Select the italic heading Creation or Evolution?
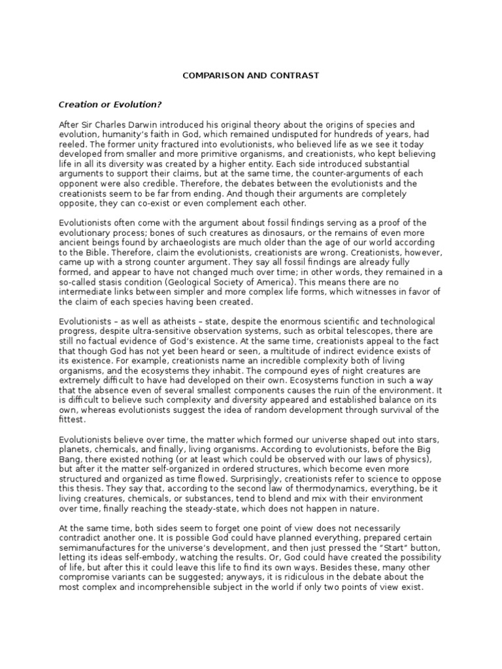point(110,105)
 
